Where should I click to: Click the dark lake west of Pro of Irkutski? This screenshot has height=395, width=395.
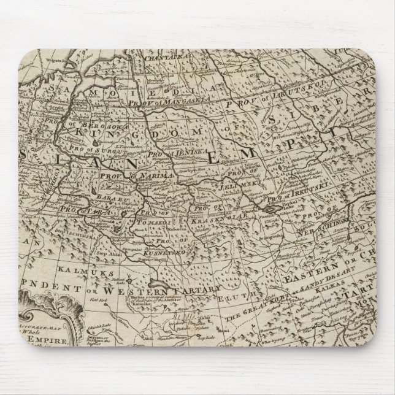click(270, 209)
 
